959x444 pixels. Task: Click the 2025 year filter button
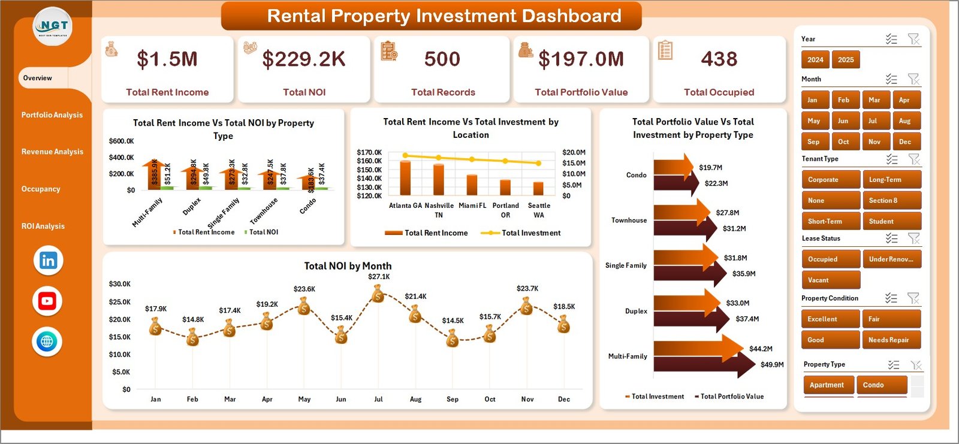[846, 59]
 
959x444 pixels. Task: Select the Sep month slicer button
[813, 142]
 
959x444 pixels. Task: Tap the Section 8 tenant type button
[891, 200]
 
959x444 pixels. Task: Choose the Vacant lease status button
[830, 280]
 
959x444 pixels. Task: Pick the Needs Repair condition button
[891, 340]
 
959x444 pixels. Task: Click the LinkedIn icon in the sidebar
[48, 261]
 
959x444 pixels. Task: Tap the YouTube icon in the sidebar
[47, 301]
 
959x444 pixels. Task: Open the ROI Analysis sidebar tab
[43, 226]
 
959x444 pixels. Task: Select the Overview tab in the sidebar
[38, 78]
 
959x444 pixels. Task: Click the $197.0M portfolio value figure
[581, 59]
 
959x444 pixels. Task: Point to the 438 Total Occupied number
[719, 59]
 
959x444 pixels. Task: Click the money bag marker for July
[378, 294]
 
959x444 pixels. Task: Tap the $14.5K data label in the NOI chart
[453, 321]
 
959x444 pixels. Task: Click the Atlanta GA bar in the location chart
[405, 177]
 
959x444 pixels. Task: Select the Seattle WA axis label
[539, 210]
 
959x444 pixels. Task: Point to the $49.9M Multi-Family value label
[771, 364]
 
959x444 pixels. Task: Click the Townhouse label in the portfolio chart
[629, 221]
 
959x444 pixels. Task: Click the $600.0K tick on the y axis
[121, 141]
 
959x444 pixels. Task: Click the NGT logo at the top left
[53, 26]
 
